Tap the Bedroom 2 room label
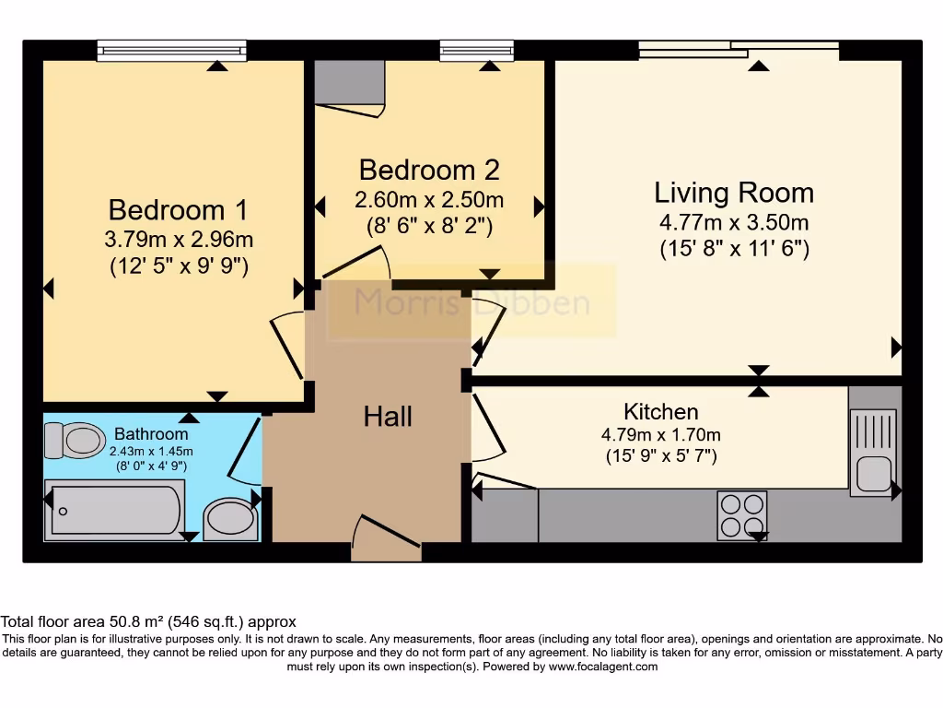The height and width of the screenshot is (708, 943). [x=429, y=170]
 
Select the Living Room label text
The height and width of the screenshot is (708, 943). [x=734, y=193]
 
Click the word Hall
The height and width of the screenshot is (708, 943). [x=388, y=417]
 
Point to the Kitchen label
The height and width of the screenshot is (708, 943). [x=660, y=411]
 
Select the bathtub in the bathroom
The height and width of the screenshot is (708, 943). [x=116, y=509]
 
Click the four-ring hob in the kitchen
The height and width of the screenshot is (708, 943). [x=742, y=514]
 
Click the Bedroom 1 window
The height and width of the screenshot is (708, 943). [x=172, y=50]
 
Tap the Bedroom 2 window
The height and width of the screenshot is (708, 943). [x=476, y=50]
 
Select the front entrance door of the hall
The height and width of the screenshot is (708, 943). [x=386, y=539]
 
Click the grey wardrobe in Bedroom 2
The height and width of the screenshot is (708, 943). [x=349, y=83]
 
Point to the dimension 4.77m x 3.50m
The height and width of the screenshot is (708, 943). [x=734, y=222]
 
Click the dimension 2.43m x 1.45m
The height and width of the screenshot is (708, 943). [x=151, y=451]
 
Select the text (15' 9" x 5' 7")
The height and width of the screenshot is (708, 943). [x=660, y=455]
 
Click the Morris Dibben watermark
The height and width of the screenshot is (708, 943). [x=472, y=301]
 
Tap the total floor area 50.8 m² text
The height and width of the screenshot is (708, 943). [x=148, y=622]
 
